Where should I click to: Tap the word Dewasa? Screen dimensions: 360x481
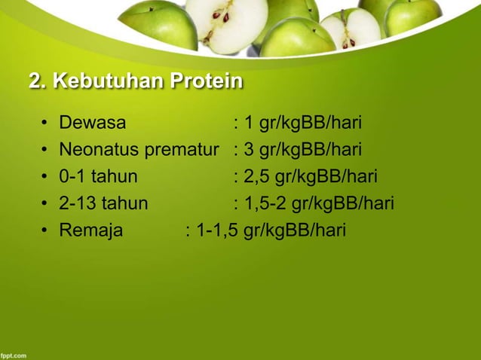pyautogui.click(x=93, y=124)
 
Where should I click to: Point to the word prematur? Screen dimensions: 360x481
pyautogui.click(x=184, y=151)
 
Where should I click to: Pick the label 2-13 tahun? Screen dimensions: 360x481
pyautogui.click(x=104, y=203)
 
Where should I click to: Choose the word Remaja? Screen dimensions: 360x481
pyautogui.click(x=91, y=230)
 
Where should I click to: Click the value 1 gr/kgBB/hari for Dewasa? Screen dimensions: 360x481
pyautogui.click(x=300, y=124)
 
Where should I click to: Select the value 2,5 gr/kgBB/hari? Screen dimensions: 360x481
pyautogui.click(x=306, y=177)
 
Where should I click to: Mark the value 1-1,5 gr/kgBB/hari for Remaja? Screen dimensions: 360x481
pyautogui.click(x=266, y=230)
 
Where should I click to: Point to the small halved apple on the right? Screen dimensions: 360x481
pyautogui.click(x=349, y=29)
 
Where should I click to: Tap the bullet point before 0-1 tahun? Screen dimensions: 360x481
pyautogui.click(x=45, y=178)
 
